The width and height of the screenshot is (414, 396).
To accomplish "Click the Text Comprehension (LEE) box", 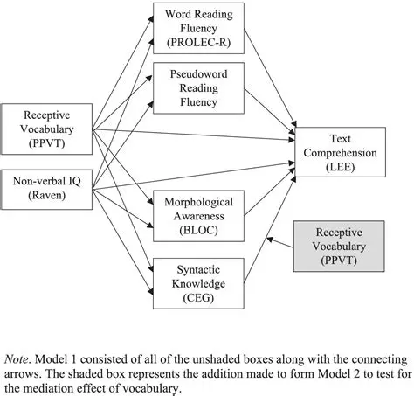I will point(340,152).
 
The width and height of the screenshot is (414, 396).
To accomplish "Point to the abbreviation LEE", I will point(340,167).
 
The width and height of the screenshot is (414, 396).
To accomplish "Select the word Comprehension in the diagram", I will point(340,153).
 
